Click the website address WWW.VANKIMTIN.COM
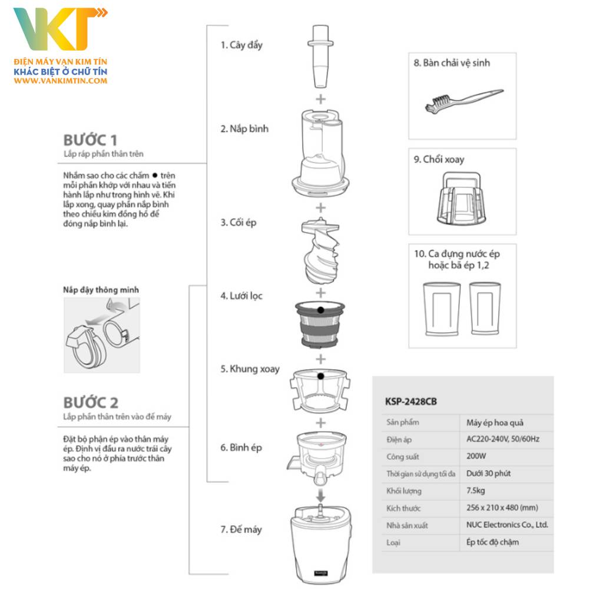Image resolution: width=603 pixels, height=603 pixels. (61, 81)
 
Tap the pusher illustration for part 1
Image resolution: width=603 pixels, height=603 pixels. (320, 57)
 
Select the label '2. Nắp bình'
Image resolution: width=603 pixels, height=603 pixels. (244, 129)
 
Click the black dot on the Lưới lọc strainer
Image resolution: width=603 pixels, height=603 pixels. (321, 310)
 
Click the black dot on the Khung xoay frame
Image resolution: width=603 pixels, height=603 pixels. (321, 376)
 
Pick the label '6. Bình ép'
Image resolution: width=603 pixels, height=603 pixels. (241, 448)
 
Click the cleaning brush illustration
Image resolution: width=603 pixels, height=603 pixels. (463, 101)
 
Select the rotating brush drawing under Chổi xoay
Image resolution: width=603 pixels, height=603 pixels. (462, 199)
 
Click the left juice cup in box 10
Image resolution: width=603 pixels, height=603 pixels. (442, 309)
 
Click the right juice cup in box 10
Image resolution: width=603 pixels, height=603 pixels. (485, 309)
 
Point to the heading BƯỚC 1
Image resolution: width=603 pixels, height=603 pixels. (90, 140)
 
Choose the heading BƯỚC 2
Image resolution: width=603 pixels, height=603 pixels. (91, 403)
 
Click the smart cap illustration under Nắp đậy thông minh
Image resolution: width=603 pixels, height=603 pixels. (102, 335)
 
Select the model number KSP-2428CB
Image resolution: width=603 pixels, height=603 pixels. (411, 402)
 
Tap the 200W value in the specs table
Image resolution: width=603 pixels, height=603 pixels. (476, 456)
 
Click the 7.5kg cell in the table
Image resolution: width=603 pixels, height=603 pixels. (476, 491)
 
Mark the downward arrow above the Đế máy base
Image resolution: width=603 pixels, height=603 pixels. (321, 495)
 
